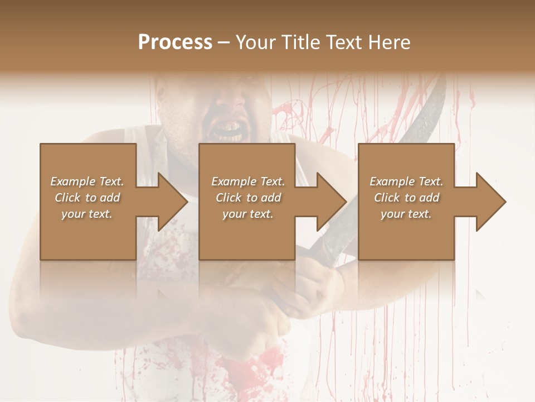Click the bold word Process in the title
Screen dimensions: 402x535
click(x=175, y=42)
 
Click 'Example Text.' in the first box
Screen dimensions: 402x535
click(x=87, y=181)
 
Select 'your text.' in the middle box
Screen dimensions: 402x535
click(x=247, y=214)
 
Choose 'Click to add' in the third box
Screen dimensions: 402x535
click(x=407, y=198)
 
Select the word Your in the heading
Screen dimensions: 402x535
click(x=255, y=42)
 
